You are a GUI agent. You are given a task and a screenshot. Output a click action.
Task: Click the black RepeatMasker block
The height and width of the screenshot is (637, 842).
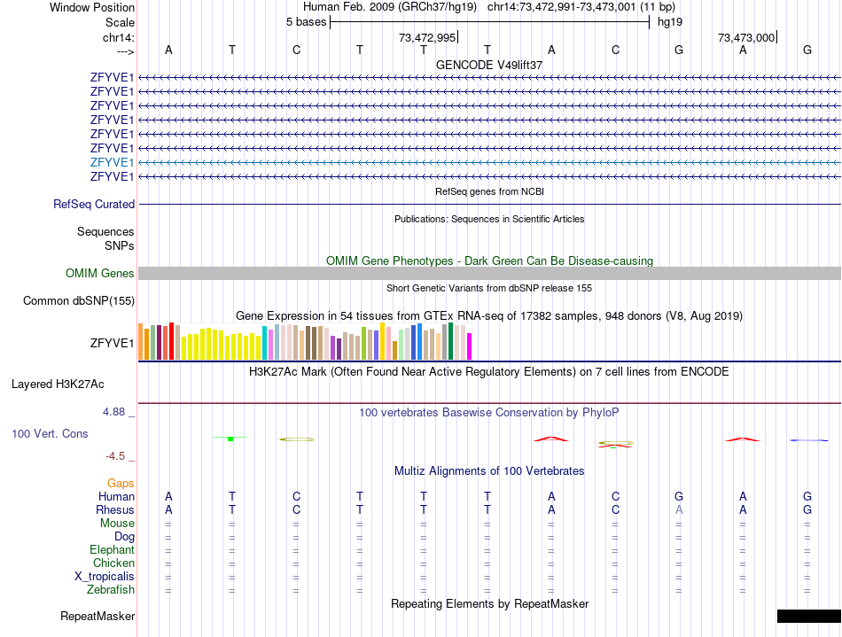(x=808, y=616)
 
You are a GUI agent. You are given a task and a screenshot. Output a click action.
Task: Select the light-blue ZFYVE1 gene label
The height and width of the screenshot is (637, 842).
(x=112, y=162)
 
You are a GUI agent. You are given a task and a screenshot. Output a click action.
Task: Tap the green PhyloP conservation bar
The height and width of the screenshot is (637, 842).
(x=230, y=439)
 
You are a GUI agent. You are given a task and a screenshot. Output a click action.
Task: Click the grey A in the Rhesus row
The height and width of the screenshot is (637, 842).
(x=679, y=510)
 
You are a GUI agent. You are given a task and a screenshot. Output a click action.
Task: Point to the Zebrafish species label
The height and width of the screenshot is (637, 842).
(x=111, y=590)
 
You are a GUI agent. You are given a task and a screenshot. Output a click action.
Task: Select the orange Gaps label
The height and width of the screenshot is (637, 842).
(x=121, y=484)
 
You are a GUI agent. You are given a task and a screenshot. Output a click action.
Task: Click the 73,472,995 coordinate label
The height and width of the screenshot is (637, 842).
(x=427, y=38)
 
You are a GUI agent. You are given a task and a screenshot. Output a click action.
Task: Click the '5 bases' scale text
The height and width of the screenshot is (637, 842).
(x=306, y=22)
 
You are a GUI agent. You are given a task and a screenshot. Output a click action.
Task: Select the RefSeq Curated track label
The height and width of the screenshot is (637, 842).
(x=94, y=205)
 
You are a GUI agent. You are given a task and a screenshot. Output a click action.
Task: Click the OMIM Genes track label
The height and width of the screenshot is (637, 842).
(x=100, y=274)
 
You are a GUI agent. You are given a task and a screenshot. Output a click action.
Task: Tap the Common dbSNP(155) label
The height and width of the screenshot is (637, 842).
(x=79, y=301)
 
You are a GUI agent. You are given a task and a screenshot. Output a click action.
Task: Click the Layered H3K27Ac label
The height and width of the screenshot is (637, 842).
(x=58, y=385)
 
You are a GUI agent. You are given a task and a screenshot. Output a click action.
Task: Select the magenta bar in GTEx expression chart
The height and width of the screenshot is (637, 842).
(x=470, y=346)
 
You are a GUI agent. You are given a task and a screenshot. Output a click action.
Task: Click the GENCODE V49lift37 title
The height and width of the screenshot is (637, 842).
(x=489, y=65)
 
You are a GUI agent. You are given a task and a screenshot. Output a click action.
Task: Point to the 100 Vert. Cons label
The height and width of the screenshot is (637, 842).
(x=50, y=434)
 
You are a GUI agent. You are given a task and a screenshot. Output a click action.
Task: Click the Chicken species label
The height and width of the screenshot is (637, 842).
(x=113, y=563)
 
